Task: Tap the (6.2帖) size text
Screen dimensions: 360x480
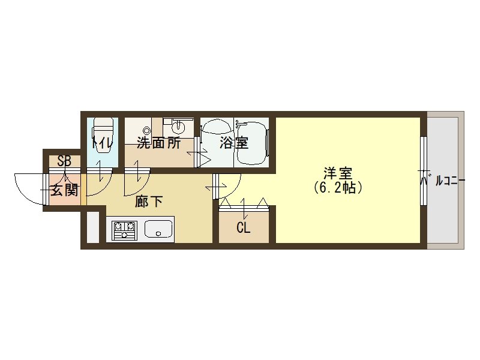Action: click(337, 187)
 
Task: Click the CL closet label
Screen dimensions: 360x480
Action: click(243, 228)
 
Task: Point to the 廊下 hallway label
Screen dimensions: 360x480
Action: click(149, 202)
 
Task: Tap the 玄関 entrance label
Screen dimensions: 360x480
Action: click(64, 191)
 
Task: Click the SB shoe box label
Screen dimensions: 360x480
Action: click(64, 161)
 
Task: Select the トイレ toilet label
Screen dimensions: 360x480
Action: click(100, 144)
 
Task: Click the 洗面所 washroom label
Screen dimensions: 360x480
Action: click(158, 143)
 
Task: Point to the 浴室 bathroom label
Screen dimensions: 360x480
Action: click(233, 143)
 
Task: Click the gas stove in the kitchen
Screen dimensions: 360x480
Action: click(124, 230)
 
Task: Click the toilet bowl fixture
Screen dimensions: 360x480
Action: click(103, 129)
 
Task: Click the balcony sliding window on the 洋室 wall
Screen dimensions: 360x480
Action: click(424, 162)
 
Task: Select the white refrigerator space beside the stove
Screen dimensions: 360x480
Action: click(93, 226)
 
